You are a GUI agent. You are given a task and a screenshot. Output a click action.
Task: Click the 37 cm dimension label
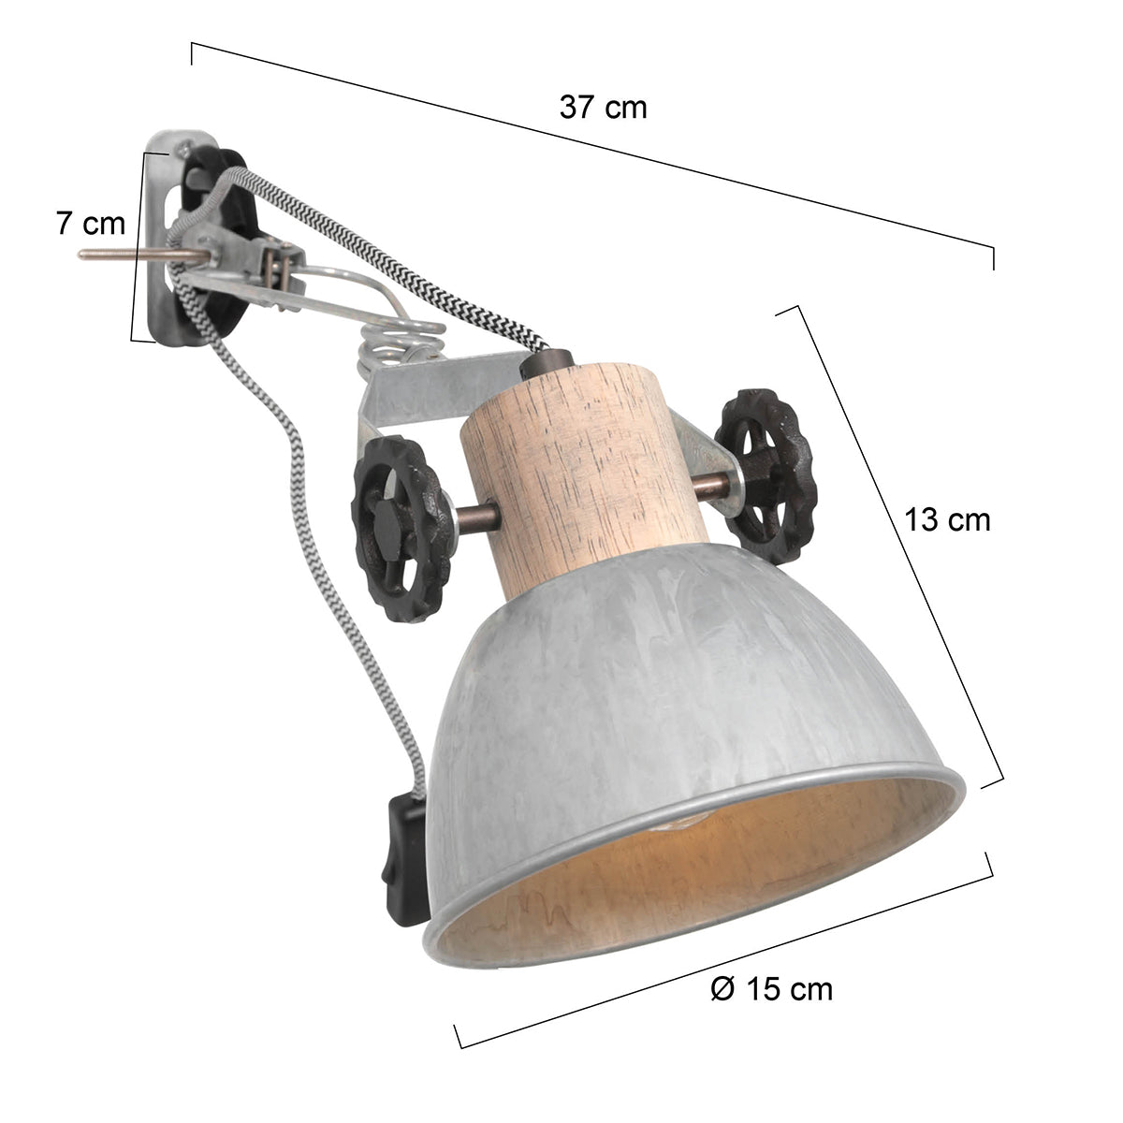pos(603,108)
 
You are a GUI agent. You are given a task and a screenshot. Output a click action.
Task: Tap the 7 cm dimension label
pos(91,224)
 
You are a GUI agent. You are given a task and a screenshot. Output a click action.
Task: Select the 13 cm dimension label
pos(946,519)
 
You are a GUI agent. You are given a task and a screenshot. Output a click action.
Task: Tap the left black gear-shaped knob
pos(397,527)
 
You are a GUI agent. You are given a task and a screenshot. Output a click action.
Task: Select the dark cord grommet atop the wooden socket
pos(542,361)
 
